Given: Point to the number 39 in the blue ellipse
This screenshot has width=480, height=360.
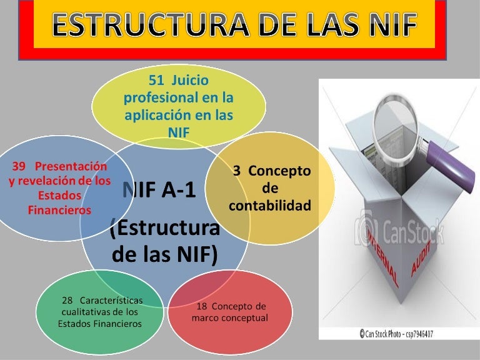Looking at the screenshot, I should tap(19, 166).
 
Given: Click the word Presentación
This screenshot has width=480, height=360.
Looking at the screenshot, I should tap(71, 166).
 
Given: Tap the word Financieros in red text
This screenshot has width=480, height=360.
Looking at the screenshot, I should tap(59, 210).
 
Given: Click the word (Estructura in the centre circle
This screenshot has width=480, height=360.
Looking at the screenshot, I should tap(165, 229).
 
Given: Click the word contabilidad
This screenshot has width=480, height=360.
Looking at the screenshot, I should tap(270, 205).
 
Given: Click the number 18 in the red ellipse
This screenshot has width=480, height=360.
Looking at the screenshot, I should tap(202, 306).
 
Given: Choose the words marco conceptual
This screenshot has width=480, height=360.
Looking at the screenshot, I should tap(229, 318).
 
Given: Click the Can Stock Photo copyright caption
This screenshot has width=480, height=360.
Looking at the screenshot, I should tap(396, 334).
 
